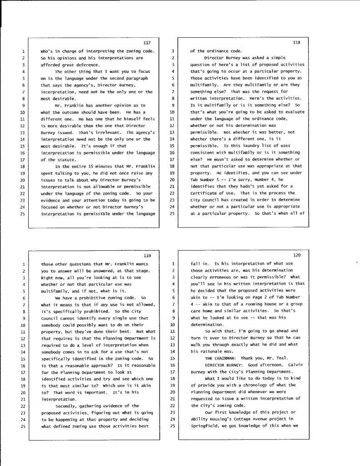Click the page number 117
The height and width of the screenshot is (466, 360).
147,42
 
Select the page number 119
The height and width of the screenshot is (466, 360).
147,255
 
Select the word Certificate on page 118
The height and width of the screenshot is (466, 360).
204,187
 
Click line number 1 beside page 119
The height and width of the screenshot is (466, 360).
23,264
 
